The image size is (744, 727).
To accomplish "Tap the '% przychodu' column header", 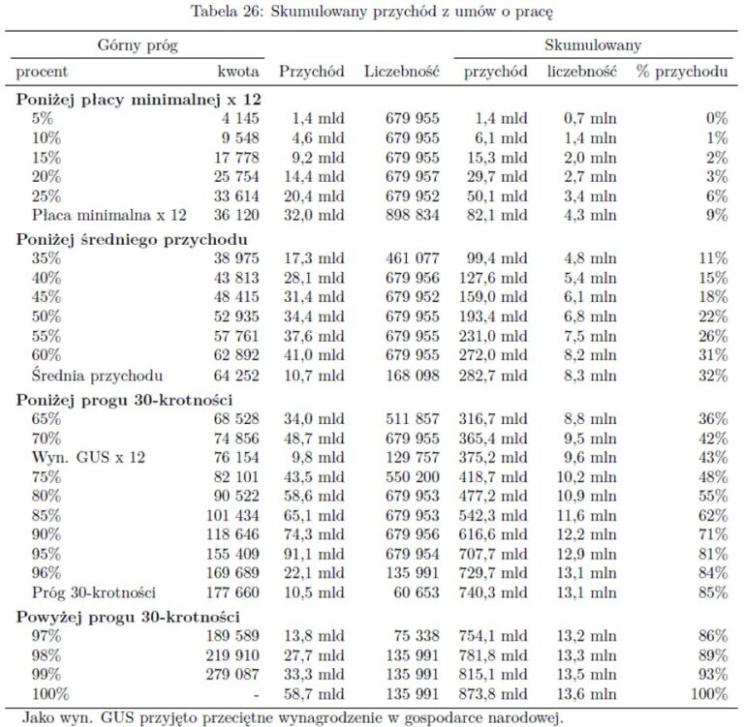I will pos(682,72).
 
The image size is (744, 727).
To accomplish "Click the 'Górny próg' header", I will pos(137,45).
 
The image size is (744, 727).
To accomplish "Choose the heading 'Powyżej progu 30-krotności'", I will pos(128,617).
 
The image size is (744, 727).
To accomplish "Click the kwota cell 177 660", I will pos(232,591).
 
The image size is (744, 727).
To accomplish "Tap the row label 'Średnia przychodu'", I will pos(96,376).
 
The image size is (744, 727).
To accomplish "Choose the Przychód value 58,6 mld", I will pos(319,495).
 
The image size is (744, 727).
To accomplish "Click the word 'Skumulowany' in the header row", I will pos(593,45).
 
